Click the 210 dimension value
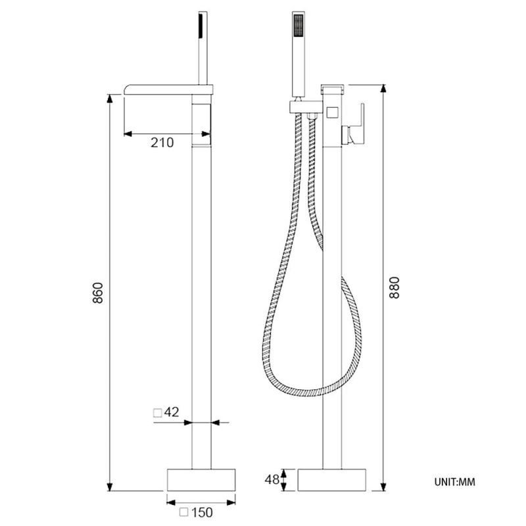(x=162, y=143)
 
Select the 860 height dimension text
(x=97, y=293)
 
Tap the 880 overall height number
(x=394, y=287)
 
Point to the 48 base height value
(x=272, y=479)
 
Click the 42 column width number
(x=172, y=412)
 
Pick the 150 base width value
(x=202, y=512)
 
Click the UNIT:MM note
(x=454, y=482)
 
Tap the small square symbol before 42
(x=157, y=413)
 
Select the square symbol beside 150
(x=184, y=512)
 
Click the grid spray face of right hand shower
(x=299, y=26)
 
